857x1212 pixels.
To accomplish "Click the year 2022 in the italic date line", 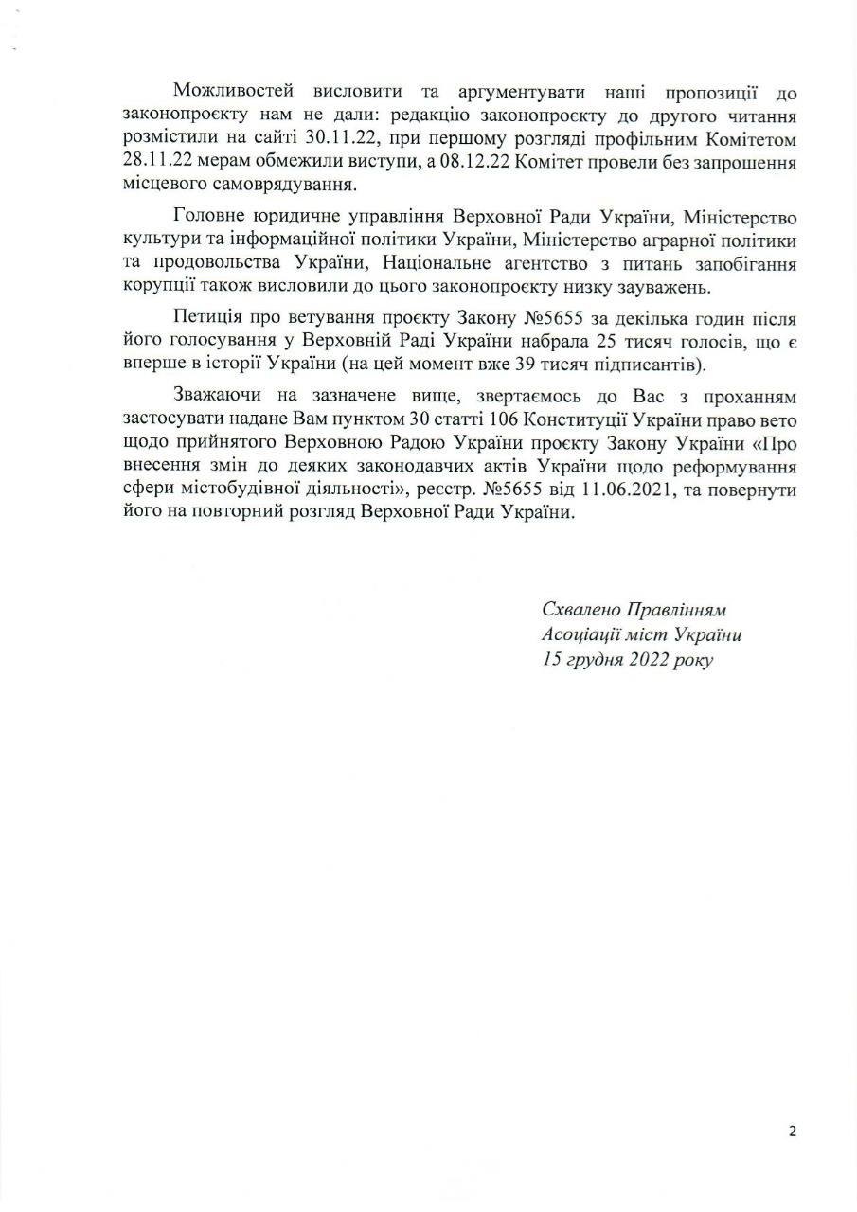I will (647, 660).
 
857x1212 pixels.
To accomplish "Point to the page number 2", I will (792, 1131).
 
